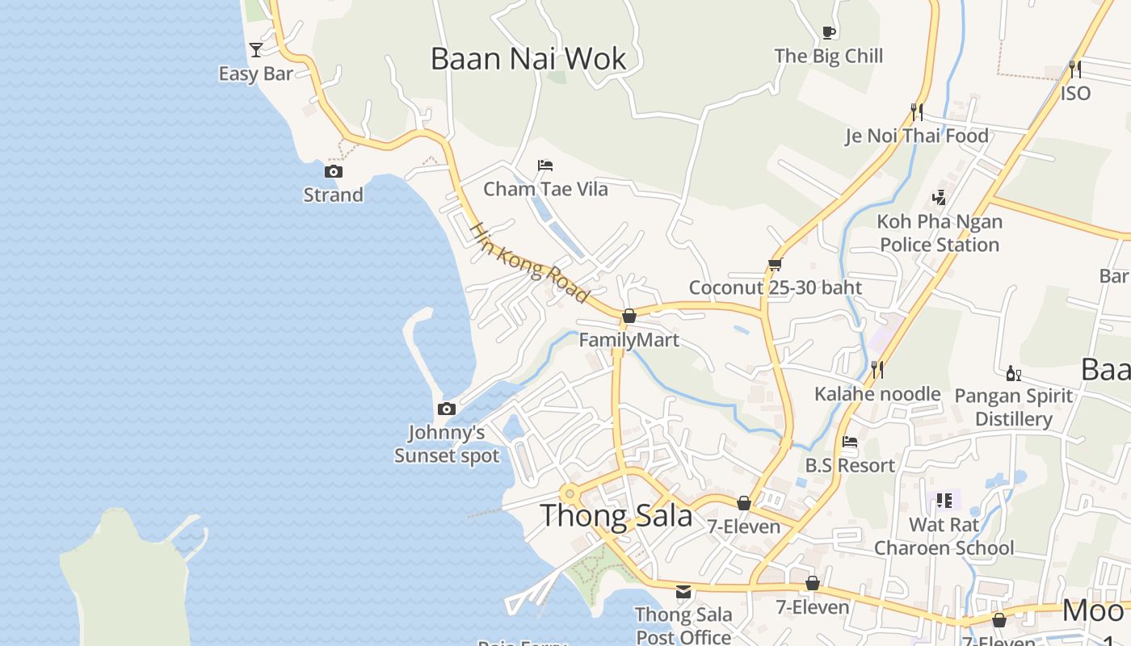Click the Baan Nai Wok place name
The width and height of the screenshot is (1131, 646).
coord(528,59)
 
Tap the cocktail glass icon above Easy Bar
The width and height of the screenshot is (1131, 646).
coord(256,50)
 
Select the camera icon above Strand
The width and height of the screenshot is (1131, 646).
coord(333,171)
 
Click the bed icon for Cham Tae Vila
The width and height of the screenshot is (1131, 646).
coord(545,166)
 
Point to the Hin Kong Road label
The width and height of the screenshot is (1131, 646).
coord(529,262)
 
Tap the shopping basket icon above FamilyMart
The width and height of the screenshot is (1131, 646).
coord(629,316)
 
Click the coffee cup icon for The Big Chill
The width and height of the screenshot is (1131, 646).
coord(828,32)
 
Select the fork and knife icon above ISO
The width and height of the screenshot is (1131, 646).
coord(1075,69)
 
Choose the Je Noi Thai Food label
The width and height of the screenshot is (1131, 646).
coord(917,136)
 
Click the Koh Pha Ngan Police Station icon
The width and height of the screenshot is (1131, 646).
coord(939,197)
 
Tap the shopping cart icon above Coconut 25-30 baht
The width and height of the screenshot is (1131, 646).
coord(775,264)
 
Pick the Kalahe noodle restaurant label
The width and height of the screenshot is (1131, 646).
coord(877,394)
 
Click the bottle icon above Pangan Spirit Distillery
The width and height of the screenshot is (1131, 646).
coord(1013,372)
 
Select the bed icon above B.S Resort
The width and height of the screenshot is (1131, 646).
coord(850,442)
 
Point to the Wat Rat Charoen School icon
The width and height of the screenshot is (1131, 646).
coord(944,501)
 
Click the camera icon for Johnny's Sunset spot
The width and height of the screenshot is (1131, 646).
coord(446,409)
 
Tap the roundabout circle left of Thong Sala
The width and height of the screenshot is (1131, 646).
coord(570,493)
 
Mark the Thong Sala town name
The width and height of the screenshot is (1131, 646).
coord(616,515)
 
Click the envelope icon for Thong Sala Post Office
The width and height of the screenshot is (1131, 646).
coord(683,591)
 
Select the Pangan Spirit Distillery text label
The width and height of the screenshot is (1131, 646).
coord(1013,407)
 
